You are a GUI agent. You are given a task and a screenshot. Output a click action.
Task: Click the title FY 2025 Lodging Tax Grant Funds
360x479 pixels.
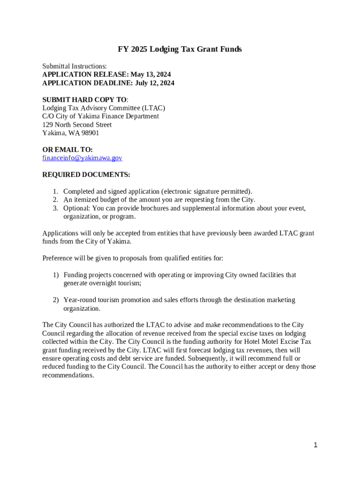coord(180,49)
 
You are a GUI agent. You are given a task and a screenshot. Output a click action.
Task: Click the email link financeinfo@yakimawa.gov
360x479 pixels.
coord(82,158)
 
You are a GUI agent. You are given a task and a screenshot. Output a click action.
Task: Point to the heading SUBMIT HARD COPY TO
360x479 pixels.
coord(85,100)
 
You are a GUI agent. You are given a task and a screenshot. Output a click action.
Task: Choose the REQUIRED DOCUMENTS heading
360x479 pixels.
coord(86,175)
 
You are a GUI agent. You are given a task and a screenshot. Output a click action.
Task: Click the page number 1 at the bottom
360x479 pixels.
coord(316,445)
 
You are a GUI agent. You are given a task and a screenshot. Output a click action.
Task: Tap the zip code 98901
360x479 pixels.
coord(90,133)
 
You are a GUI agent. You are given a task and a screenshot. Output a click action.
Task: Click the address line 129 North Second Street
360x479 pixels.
coord(77,125)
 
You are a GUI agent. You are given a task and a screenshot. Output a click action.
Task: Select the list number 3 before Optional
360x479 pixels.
coord(55,208)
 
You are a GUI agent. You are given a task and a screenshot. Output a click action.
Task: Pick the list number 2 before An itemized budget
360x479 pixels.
coord(55,200)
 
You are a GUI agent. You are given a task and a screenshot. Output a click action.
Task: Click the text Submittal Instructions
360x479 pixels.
coord(74,66)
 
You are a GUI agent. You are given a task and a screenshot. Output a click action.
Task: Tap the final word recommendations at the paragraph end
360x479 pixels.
coord(68,375)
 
